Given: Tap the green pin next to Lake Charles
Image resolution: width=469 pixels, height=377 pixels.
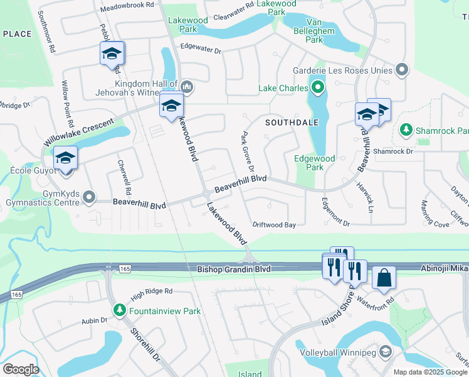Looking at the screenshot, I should point(318,88).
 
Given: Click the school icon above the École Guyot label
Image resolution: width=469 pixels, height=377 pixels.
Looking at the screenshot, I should point(65,159).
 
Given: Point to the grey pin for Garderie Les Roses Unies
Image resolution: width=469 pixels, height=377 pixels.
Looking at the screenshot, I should point(401,70).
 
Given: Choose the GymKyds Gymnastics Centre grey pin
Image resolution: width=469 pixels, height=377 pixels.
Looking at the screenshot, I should point(90,198).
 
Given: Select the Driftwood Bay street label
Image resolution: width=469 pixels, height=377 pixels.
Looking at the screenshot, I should point(274,224).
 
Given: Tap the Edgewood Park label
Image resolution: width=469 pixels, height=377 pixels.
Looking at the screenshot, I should point(315,163).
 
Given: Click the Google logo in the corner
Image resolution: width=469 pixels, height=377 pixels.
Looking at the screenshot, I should point(21,369).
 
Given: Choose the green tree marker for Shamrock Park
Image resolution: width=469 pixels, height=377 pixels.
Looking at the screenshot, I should point(406,130).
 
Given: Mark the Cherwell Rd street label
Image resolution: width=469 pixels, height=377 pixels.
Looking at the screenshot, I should point(124,176).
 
